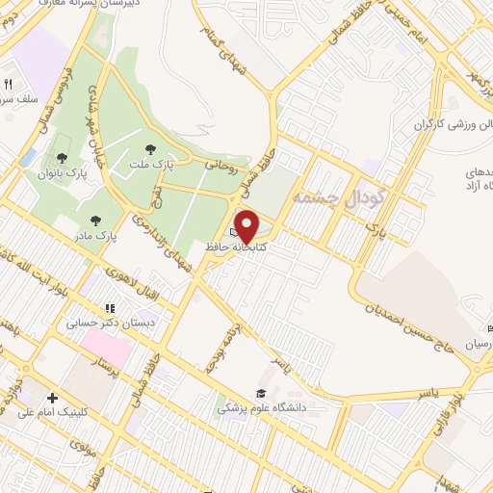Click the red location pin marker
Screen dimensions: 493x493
tap(247, 225)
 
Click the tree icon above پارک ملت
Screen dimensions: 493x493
tap(149, 148)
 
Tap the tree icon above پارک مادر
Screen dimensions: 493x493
tap(95, 221)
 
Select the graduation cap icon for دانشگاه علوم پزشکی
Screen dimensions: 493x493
tap(260, 393)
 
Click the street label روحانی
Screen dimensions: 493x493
tap(220, 166)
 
